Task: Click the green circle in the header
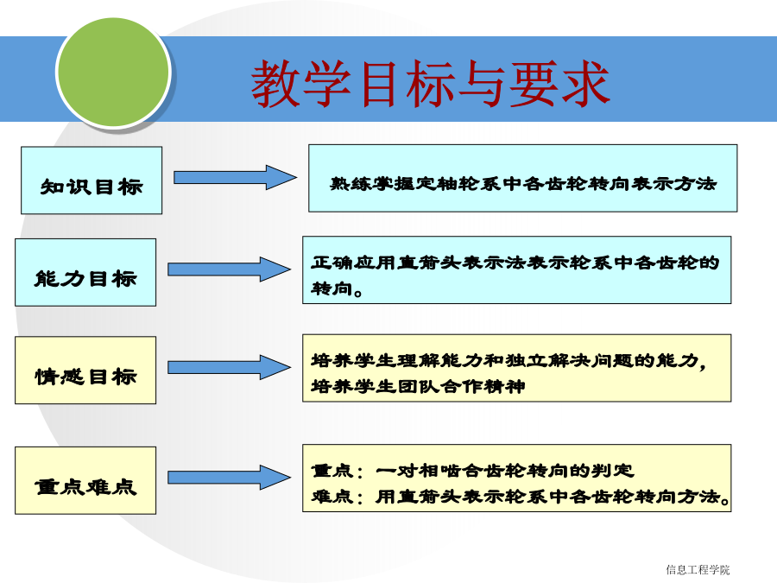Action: pyautogui.click(x=113, y=73)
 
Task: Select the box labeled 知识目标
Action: pyautogui.click(x=92, y=181)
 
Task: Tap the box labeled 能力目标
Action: pyautogui.click(x=85, y=272)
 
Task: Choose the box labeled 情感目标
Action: pyautogui.click(x=85, y=371)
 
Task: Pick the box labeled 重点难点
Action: pyautogui.click(x=85, y=480)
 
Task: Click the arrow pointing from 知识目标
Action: pyautogui.click(x=236, y=177)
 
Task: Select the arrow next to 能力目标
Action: pyautogui.click(x=230, y=269)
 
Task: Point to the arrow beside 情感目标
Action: pyautogui.click(x=230, y=367)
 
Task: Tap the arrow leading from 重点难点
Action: pyautogui.click(x=230, y=478)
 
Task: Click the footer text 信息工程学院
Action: pyautogui.click(x=698, y=570)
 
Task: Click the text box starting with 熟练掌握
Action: pyautogui.click(x=523, y=179)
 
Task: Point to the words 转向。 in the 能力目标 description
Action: pyautogui.click(x=337, y=288)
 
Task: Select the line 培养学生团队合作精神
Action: pyautogui.click(x=418, y=386)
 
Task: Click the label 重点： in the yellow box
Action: pyautogui.click(x=337, y=471)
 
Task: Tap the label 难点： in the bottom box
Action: pyautogui.click(x=337, y=497)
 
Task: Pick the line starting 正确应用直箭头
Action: pyautogui.click(x=515, y=263)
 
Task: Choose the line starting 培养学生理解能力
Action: pyautogui.click(x=509, y=360)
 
